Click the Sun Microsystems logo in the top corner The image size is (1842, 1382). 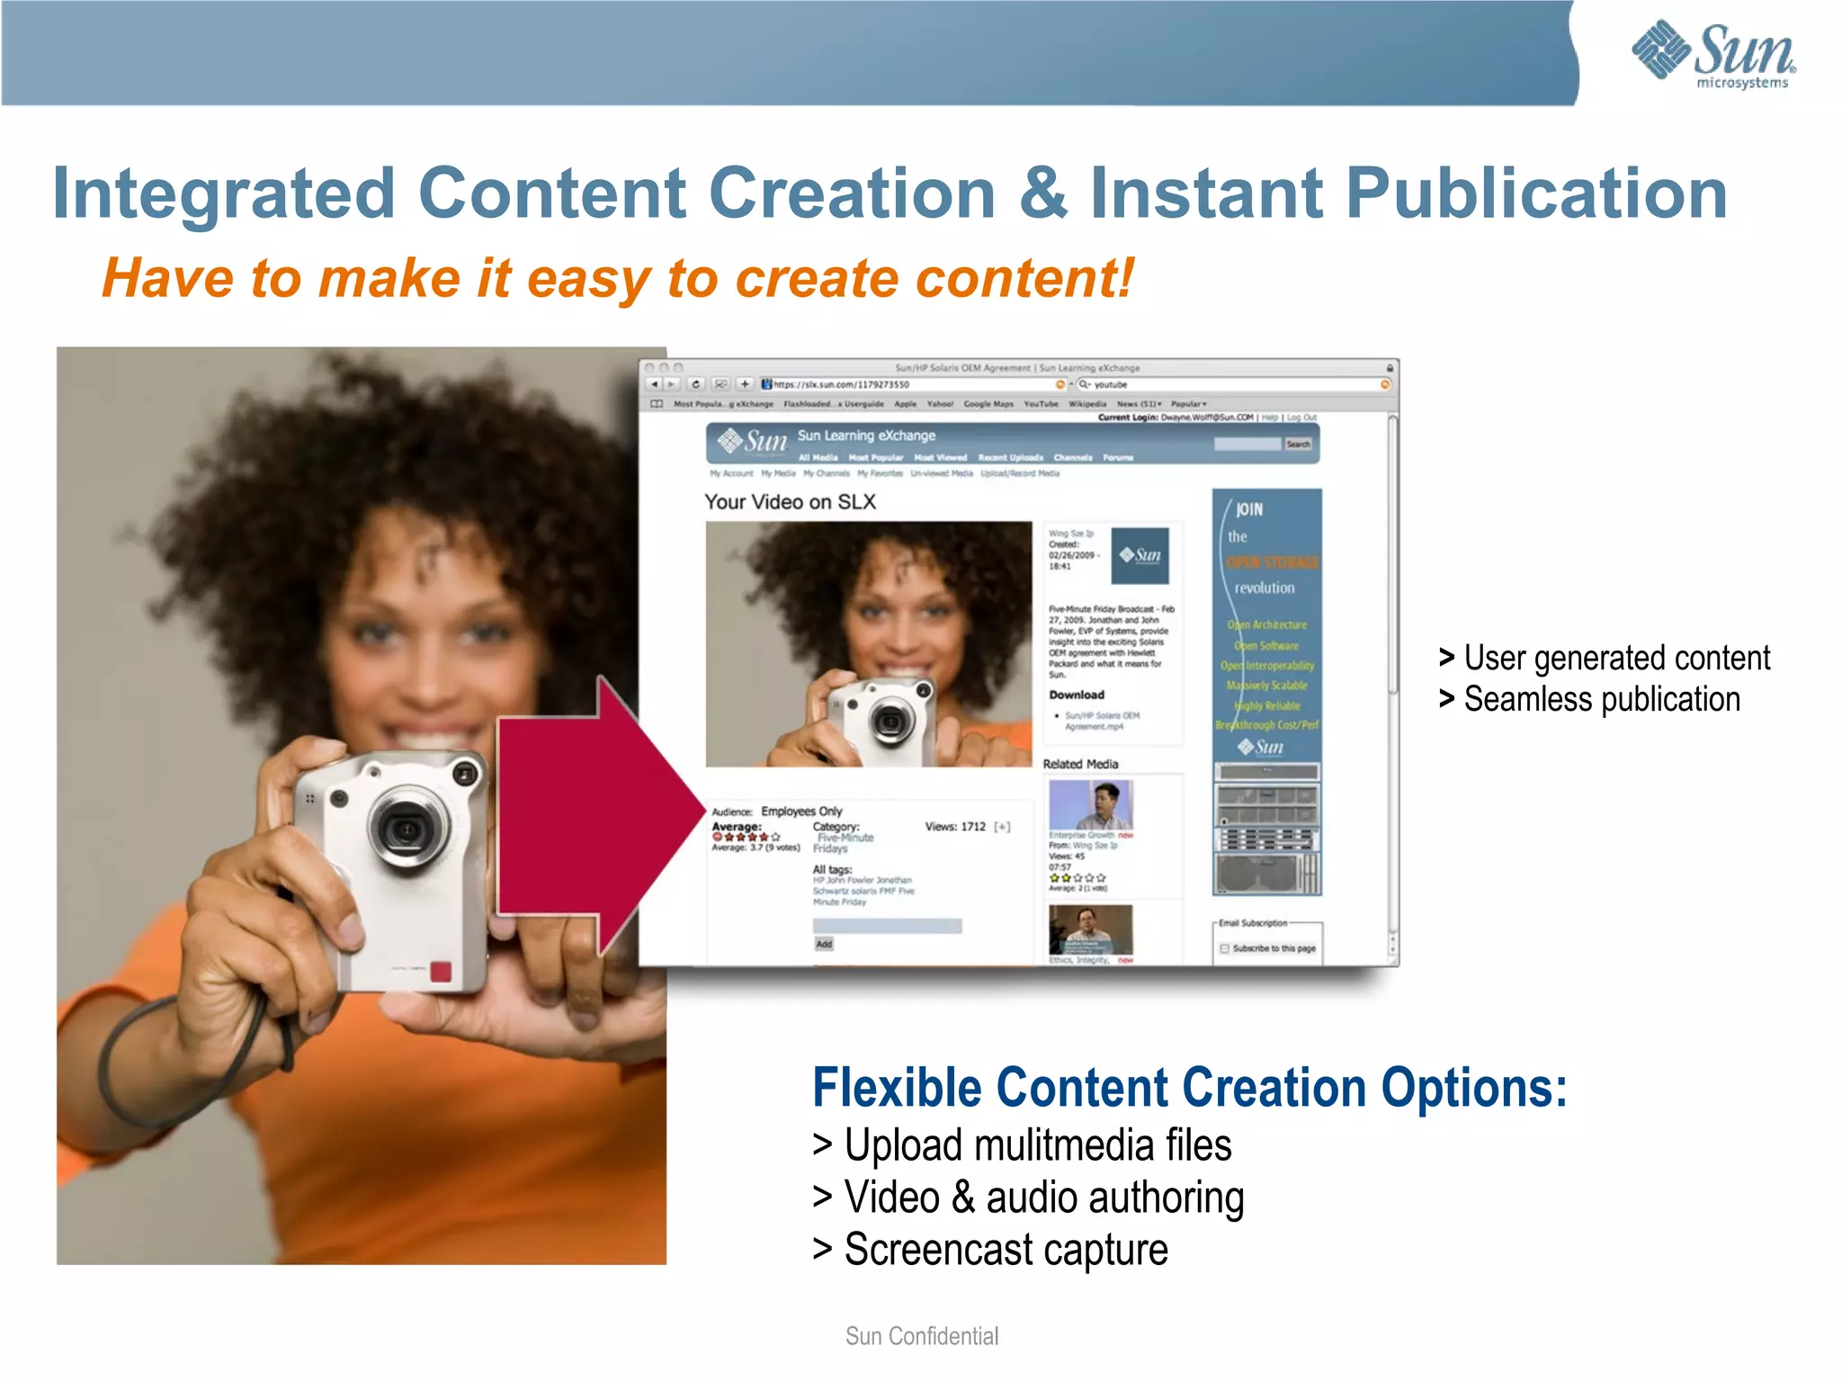(1713, 54)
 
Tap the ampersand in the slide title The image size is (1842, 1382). (1043, 193)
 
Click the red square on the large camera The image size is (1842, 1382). (441, 972)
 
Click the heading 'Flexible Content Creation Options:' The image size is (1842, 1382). (1189, 1087)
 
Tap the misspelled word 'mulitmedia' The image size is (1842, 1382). (1064, 1145)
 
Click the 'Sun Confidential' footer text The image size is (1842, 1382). (922, 1336)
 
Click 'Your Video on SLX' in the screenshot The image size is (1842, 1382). (790, 502)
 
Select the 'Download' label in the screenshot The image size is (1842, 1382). (1077, 695)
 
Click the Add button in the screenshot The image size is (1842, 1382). (824, 944)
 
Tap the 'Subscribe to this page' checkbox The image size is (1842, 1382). (1224, 948)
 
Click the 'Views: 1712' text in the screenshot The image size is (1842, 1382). (955, 826)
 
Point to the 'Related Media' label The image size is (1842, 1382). (1080, 764)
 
